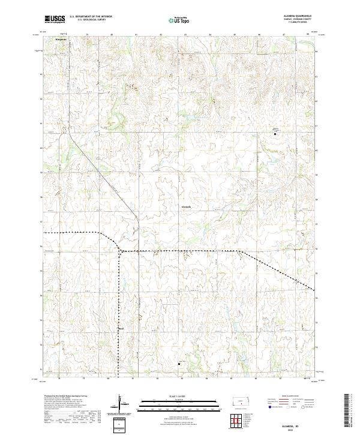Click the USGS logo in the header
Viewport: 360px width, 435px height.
point(55,20)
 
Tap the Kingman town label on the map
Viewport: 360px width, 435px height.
point(61,40)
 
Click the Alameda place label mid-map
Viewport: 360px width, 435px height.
point(187,207)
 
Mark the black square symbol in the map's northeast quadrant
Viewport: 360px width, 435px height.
point(275,134)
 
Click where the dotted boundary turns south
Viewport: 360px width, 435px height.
point(119,250)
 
